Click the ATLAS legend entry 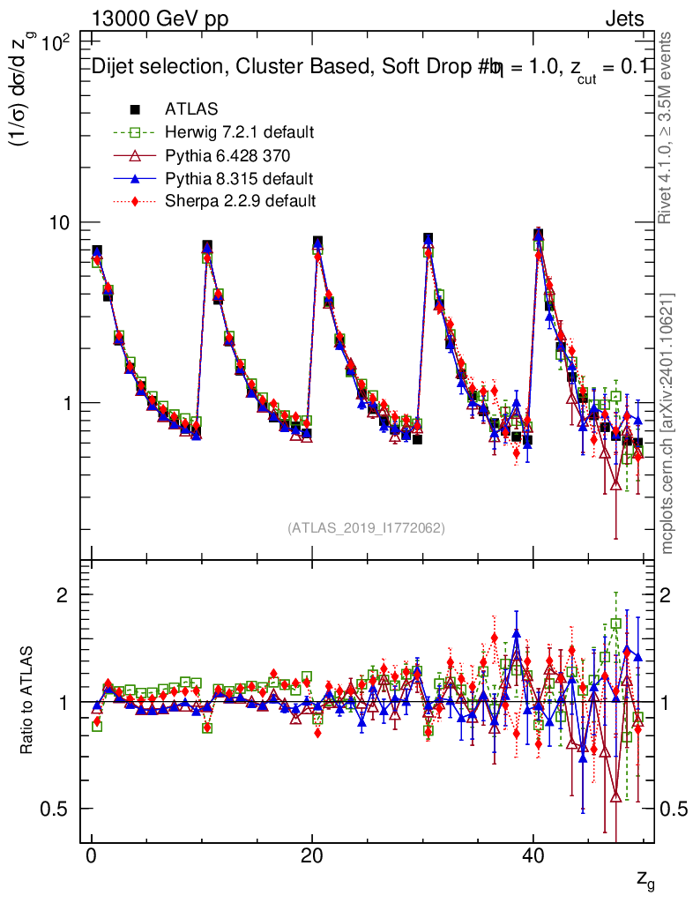[x=191, y=109]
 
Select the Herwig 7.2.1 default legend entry [x=239, y=132]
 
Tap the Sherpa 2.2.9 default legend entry [x=240, y=201]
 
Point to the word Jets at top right [x=624, y=19]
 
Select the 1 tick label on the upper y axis [x=71, y=403]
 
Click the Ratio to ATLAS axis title [x=27, y=701]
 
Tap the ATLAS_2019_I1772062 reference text [x=366, y=528]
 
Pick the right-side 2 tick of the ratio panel [x=667, y=594]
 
